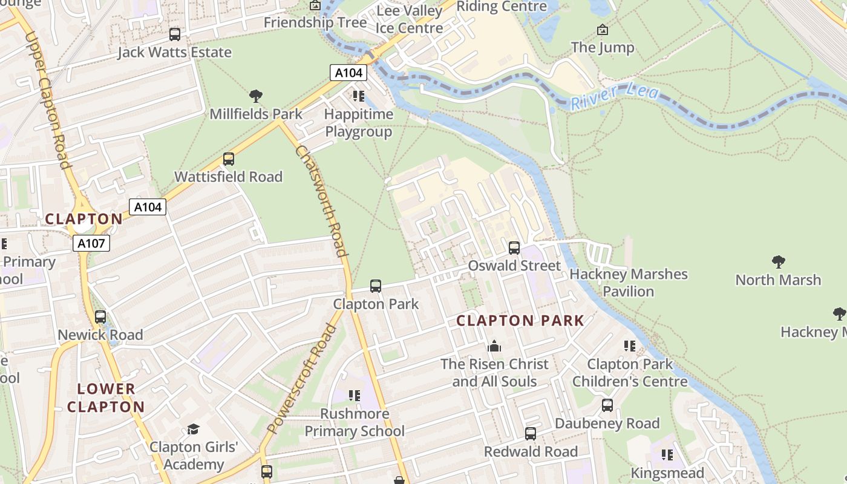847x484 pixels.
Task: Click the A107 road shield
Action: (91, 244)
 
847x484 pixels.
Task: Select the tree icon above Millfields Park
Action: (256, 96)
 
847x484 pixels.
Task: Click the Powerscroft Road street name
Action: (301, 379)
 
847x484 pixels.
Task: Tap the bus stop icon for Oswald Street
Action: (514, 247)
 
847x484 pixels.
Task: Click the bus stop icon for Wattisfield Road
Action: (229, 159)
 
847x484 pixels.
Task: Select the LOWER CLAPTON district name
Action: (106, 397)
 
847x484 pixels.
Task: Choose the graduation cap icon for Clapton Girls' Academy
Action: (193, 429)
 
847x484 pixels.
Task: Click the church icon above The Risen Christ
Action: (494, 346)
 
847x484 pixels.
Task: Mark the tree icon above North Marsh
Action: (778, 262)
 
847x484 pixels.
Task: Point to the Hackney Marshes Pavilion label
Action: (629, 283)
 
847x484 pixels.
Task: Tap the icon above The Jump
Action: (603, 29)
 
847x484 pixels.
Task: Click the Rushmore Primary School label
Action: (355, 422)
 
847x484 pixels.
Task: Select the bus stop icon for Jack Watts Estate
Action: (175, 34)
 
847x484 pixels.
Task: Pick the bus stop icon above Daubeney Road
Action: (607, 405)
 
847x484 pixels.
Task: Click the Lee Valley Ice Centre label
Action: (410, 19)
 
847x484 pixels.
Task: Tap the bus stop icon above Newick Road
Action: (100, 317)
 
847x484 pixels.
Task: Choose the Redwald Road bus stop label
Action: (531, 451)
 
